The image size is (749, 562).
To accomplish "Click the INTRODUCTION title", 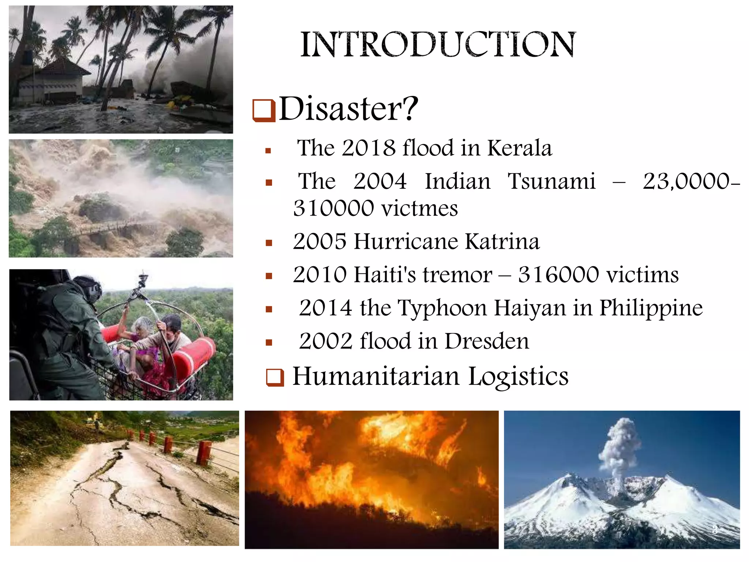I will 438,45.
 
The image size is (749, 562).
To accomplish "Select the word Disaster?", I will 348,109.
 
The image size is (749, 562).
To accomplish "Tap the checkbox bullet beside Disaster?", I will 264,110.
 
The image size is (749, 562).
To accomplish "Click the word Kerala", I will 520,148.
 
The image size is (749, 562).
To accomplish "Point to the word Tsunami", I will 552,181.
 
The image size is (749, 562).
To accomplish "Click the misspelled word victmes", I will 419,209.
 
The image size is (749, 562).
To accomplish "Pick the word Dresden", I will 487,341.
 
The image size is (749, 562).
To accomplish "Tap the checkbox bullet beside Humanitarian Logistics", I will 275,378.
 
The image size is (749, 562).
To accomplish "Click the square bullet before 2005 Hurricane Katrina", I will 269,243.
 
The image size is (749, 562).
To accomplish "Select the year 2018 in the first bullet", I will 369,148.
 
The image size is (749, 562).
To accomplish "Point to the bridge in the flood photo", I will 110,227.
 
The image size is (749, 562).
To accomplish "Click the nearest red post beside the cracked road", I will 204,453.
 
